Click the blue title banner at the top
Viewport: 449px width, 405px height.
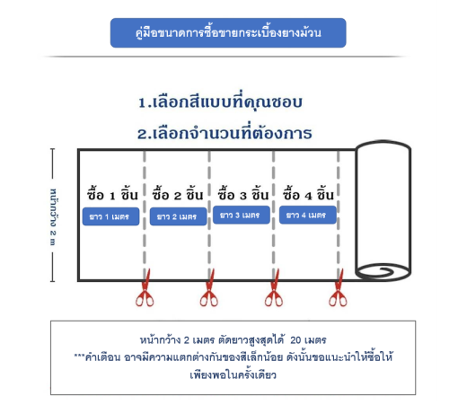[x=228, y=32]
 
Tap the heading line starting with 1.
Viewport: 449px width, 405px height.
[x=220, y=101]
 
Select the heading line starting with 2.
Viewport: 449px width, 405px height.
[x=224, y=133]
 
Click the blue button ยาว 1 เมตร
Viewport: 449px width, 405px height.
[x=110, y=216]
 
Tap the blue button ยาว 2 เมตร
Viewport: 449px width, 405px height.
[x=178, y=216]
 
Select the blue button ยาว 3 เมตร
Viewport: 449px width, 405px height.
[x=242, y=215]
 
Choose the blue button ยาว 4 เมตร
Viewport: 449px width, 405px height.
[x=308, y=215]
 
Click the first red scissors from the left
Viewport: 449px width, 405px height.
[x=145, y=288]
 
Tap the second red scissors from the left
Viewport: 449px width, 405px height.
[x=209, y=288]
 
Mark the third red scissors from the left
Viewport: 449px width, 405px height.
[x=274, y=288]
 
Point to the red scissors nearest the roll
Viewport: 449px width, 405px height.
[x=339, y=288]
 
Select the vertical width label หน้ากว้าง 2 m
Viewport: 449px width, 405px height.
[x=53, y=217]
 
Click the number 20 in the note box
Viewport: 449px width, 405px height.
[x=295, y=340]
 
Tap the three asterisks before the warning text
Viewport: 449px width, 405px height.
[x=79, y=355]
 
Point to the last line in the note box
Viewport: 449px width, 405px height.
[x=233, y=374]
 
